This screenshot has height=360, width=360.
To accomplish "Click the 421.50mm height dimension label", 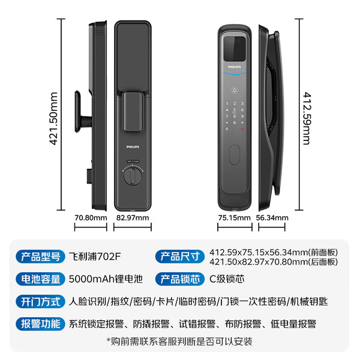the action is (x=53, y=118).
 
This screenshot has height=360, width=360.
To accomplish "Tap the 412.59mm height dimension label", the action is (x=307, y=118).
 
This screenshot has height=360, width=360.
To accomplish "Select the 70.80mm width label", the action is (x=91, y=218).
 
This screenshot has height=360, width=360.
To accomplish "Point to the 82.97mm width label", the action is (x=133, y=218).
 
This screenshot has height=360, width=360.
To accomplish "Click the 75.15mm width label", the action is (x=235, y=218).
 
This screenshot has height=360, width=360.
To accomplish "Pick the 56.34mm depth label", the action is (x=272, y=218).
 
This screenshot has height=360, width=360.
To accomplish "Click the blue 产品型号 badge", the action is (x=40, y=256).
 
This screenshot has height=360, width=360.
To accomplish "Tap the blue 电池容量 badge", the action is (x=40, y=279).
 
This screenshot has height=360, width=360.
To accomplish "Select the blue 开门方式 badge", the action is (x=40, y=301).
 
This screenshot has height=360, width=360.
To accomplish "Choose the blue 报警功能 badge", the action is (x=40, y=324).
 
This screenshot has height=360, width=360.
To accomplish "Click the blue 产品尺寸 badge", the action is (x=180, y=256).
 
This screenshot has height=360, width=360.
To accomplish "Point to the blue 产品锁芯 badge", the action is (x=180, y=279).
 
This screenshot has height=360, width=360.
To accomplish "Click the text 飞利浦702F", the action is (x=95, y=256).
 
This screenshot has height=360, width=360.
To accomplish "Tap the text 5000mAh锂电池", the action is (x=106, y=279).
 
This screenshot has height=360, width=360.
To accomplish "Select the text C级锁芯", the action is (x=227, y=279).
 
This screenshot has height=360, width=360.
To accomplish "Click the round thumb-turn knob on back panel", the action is (x=133, y=176).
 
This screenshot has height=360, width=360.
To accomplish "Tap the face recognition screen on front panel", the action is (x=235, y=49).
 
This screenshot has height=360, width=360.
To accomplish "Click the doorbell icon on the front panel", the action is (x=235, y=91).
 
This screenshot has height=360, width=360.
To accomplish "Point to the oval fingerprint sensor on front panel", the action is (x=235, y=155).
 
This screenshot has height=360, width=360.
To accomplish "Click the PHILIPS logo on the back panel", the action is (x=133, y=147).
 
